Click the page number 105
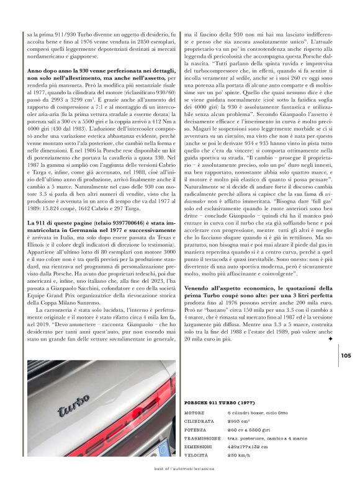346,355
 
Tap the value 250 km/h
239,455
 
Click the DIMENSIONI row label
199,446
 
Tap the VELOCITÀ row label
197,455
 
